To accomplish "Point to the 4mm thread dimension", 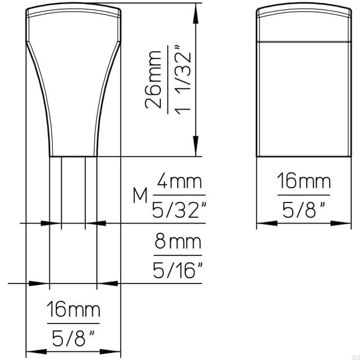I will click(x=178, y=183).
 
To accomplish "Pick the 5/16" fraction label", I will click(x=178, y=269).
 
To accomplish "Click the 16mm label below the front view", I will click(x=73, y=309).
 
